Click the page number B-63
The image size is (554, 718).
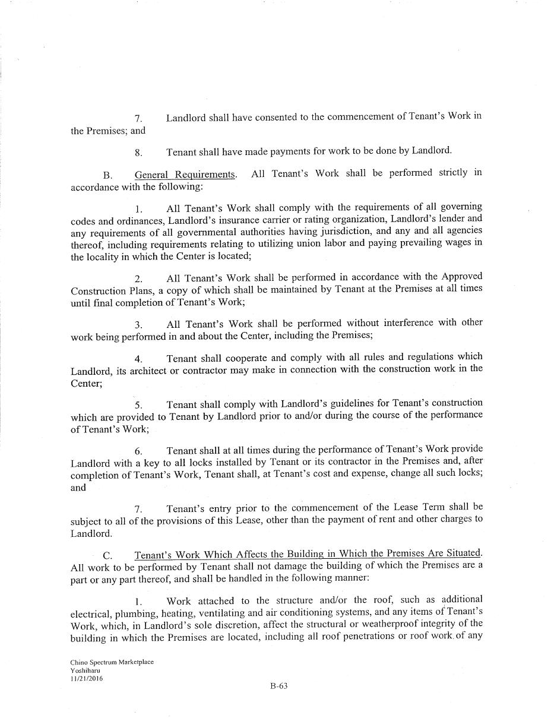pos(278,686)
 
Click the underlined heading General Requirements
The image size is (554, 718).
pos(185,175)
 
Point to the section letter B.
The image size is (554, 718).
pos(107,175)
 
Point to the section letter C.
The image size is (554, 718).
pos(107,556)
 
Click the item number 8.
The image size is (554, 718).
pos(138,153)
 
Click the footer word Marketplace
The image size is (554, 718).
pos(135,662)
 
